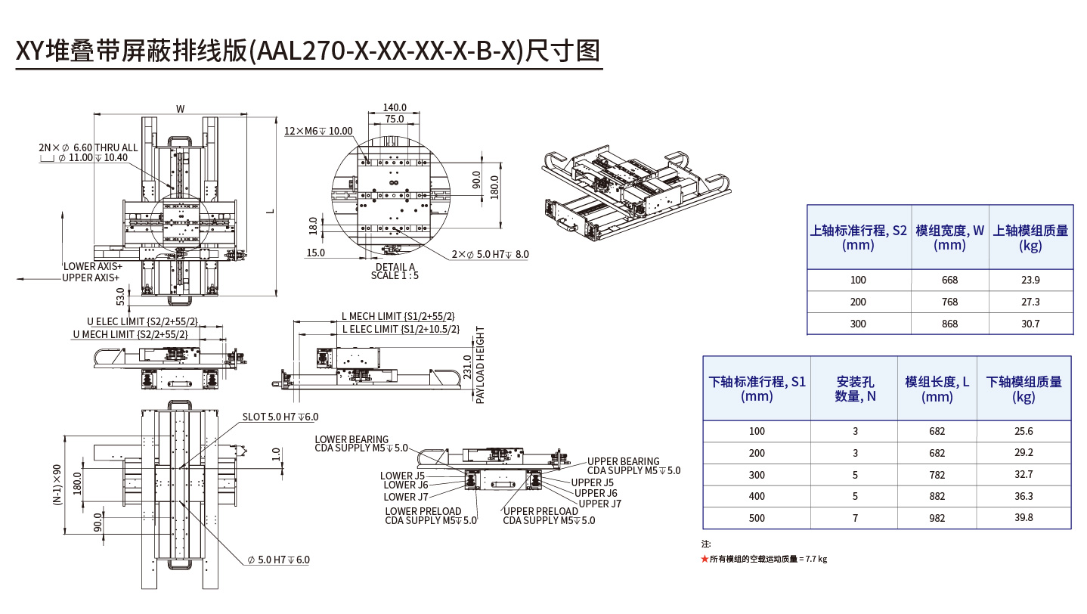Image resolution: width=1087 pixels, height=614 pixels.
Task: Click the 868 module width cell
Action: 949,324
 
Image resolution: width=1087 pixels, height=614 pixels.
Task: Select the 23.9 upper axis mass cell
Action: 1030,280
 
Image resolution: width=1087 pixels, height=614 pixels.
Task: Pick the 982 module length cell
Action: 937,518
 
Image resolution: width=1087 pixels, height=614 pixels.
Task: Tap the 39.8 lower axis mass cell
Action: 1024,518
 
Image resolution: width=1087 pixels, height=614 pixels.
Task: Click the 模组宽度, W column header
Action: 949,237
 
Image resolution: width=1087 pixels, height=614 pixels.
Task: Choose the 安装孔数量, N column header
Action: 854,389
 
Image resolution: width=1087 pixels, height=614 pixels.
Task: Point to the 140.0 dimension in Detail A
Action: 395,108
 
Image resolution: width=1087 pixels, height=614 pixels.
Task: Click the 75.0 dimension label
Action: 395,119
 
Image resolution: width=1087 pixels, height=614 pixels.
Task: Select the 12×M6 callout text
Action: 318,131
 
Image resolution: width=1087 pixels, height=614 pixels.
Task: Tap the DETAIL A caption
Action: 395,267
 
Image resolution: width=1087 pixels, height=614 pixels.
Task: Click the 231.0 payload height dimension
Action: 467,367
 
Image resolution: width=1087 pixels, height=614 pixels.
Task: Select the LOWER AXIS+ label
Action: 92,266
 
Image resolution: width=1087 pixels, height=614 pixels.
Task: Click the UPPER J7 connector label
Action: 599,504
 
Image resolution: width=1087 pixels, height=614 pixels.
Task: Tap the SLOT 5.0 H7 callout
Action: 280,417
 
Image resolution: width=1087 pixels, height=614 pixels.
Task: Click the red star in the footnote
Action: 705,559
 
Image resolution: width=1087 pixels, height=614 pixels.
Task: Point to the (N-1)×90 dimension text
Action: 57,485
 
